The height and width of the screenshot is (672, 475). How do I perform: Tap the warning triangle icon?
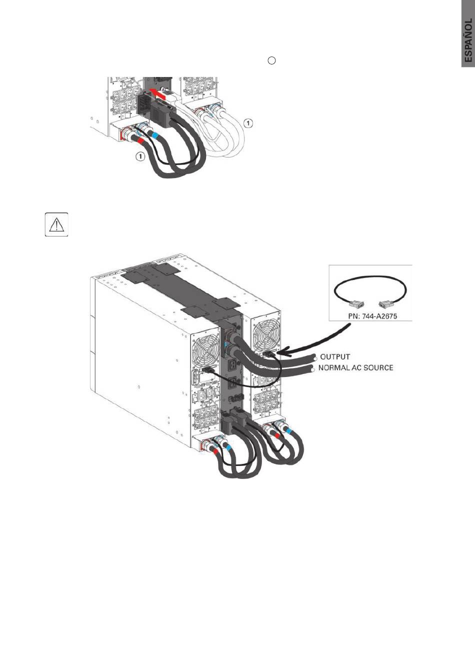56,225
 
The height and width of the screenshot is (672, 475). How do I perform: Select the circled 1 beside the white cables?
249,122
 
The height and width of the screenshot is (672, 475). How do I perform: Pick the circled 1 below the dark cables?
141,156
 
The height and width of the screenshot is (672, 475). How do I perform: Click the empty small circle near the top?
271,60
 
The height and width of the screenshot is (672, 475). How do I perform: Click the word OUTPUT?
335,357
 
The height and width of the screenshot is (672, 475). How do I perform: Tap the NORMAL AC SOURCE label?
356,368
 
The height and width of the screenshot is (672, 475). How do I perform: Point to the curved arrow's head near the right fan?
278,353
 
